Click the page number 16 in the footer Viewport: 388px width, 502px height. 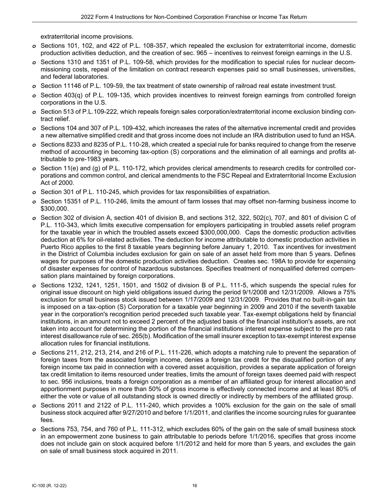195,486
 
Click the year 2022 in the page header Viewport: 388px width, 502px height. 88,17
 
